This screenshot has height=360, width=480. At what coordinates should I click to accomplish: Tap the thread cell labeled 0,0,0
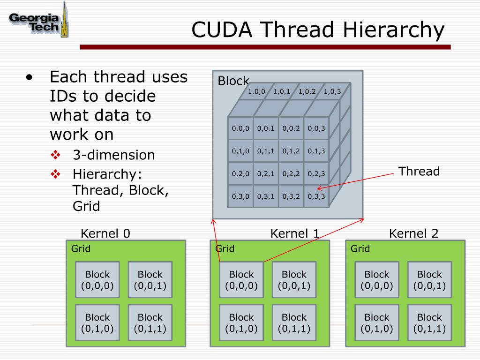coord(240,128)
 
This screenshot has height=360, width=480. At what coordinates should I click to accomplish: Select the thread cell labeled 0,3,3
coord(316,196)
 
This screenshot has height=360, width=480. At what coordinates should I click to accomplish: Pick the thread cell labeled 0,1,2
coord(291,151)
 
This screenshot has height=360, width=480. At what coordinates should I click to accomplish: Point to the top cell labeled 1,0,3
coord(332,91)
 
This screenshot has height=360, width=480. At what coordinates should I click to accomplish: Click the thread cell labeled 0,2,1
coord(266,174)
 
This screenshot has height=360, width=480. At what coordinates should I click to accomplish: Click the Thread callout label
coord(419,172)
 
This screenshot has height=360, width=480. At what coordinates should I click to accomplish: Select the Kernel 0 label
coord(105,233)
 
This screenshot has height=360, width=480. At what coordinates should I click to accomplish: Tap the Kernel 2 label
coord(414,233)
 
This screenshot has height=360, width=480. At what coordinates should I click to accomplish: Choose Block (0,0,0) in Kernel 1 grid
coord(241,280)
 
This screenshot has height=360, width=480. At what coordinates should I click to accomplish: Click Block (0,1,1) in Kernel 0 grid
coord(150,322)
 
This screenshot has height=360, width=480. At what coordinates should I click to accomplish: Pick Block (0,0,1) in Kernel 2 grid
coord(429,280)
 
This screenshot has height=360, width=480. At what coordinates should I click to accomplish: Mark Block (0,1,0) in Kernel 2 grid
coord(377,322)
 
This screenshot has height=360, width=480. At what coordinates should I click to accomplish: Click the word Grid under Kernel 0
coord(81,248)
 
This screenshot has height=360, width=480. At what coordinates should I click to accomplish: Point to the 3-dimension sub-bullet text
coord(113,155)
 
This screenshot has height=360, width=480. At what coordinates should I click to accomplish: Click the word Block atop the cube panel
coord(233,81)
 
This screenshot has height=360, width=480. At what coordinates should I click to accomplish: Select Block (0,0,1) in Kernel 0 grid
coord(150,280)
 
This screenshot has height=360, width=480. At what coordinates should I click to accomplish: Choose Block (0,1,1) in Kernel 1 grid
coord(294,322)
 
